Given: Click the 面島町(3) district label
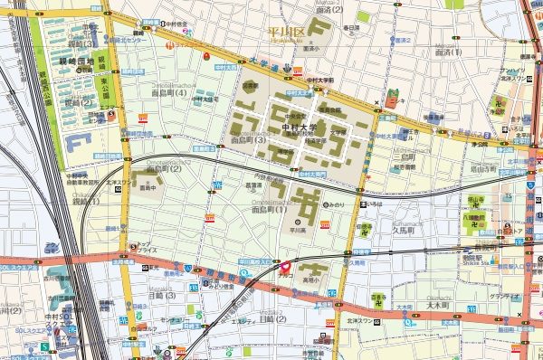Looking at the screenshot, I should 246,141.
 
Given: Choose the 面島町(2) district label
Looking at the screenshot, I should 164,168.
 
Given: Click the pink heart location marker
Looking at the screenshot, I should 283,268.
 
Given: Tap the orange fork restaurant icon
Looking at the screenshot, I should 168,42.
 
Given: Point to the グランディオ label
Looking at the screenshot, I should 503,296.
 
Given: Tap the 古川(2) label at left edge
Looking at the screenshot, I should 9,311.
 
